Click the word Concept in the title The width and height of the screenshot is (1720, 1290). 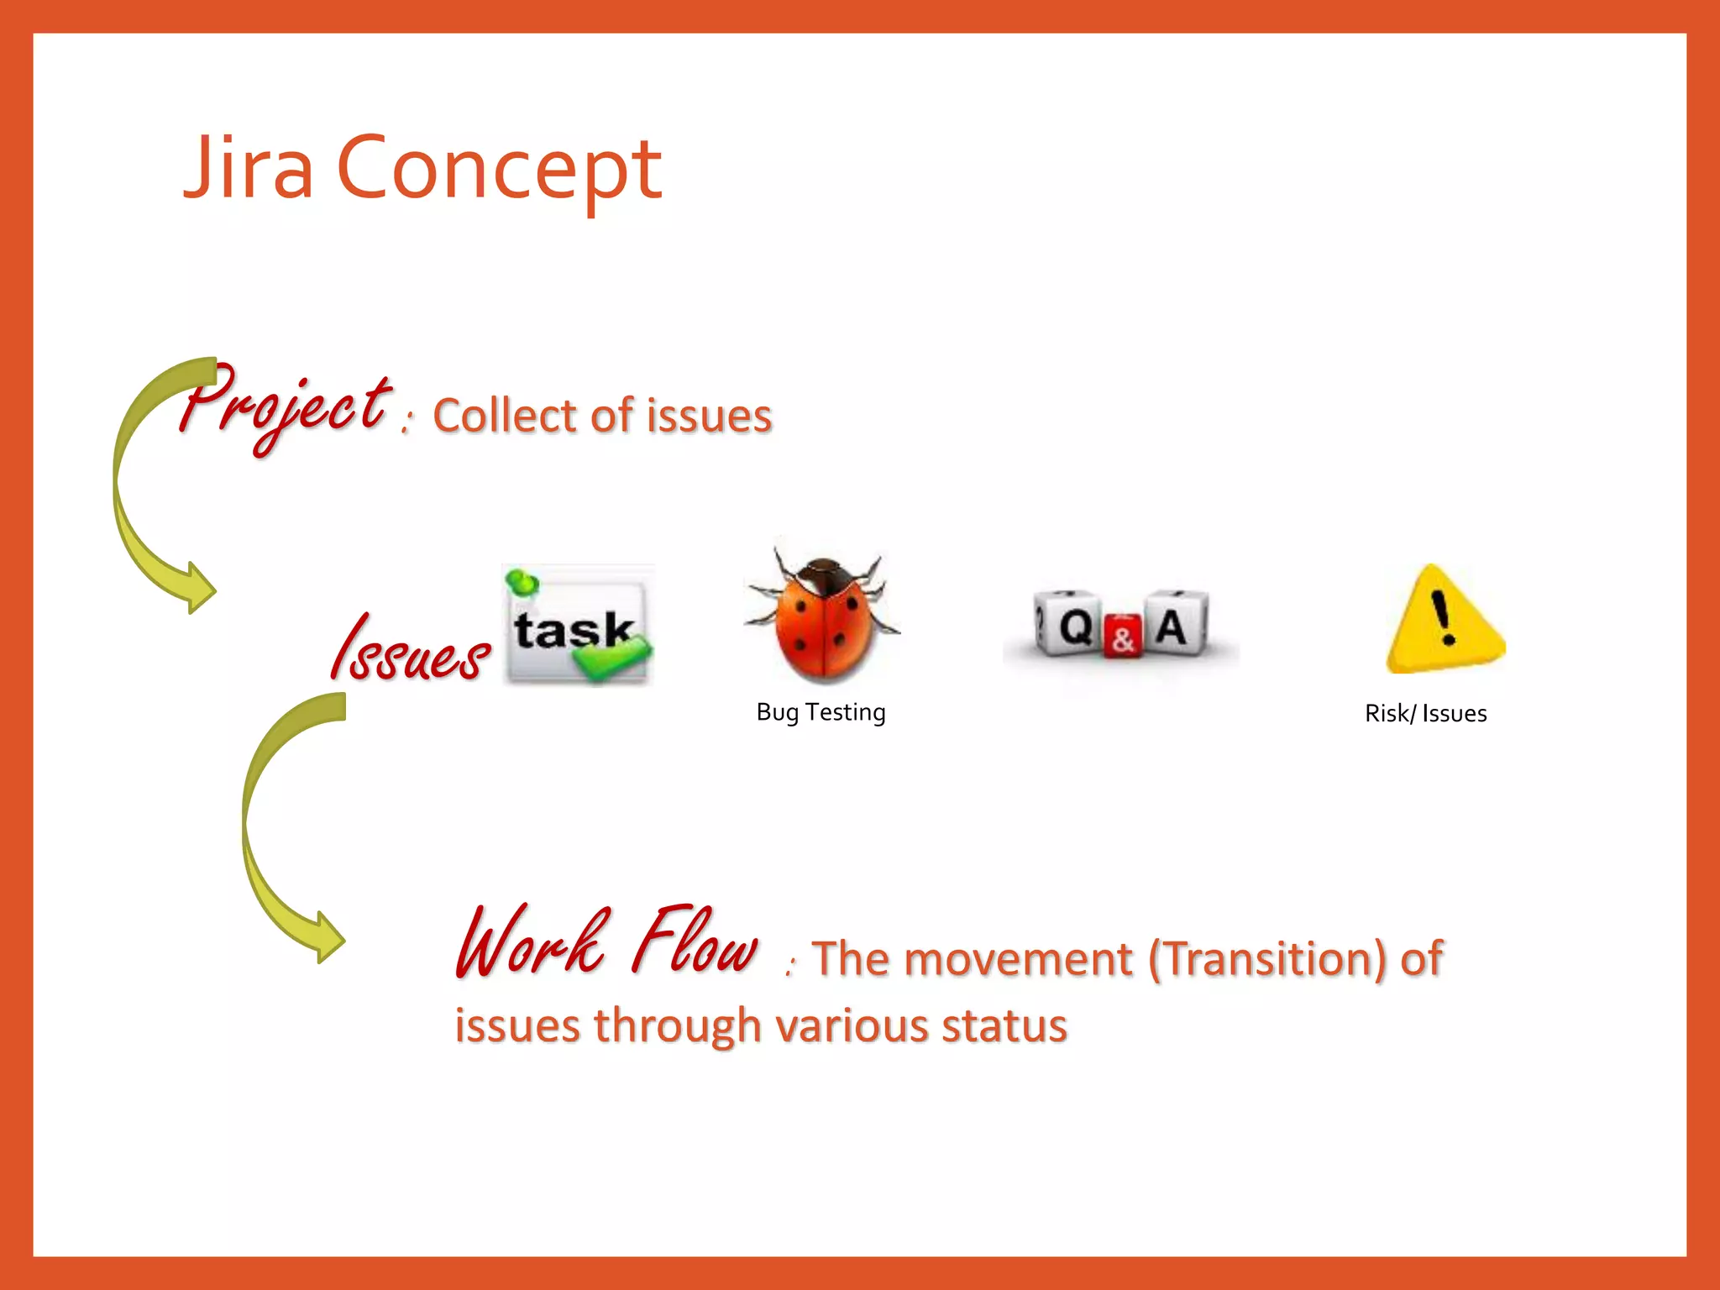coord(499,170)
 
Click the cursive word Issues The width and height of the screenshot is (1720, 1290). coord(409,649)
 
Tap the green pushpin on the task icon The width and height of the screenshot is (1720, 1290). coord(522,581)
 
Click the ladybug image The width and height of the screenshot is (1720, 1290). coord(822,617)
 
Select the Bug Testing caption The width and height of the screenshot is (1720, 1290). coord(821,712)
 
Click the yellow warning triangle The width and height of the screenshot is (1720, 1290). coord(1444,622)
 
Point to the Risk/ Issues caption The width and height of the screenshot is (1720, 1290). coord(1425,714)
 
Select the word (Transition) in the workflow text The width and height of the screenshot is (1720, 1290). coord(1266,958)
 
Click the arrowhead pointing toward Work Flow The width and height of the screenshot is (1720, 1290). coord(328,938)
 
